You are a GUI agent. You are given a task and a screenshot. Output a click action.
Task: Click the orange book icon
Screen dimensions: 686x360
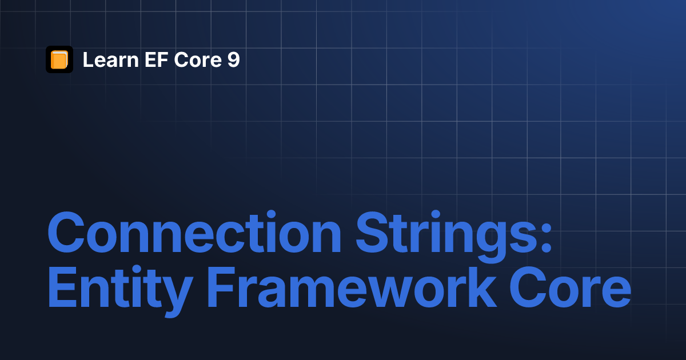pyautogui.click(x=59, y=59)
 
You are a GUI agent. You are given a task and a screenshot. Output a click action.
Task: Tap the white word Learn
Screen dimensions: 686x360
pyautogui.click(x=111, y=59)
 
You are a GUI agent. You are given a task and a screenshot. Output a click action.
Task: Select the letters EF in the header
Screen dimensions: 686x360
pyautogui.click(x=157, y=59)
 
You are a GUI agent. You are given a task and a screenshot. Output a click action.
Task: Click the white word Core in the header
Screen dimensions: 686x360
pyautogui.click(x=198, y=59)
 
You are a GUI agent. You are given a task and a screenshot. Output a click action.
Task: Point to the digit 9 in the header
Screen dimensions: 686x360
pyautogui.click(x=233, y=59)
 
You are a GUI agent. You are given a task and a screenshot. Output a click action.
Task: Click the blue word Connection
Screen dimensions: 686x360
pyautogui.click(x=194, y=232)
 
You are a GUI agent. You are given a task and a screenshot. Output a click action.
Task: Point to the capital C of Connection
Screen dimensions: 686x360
pyautogui.click(x=66, y=232)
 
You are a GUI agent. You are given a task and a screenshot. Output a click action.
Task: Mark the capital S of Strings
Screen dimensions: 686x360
pyautogui.click(x=374, y=232)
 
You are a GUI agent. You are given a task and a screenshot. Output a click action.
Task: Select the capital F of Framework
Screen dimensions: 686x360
pyautogui.click(x=221, y=287)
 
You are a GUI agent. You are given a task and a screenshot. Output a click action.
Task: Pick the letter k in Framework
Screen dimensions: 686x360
pyautogui.click(x=480, y=287)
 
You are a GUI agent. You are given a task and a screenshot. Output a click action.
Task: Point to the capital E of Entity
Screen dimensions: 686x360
pyautogui.click(x=62, y=287)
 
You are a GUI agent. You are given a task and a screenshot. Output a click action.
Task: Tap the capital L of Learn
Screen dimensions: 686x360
pyautogui.click(x=88, y=59)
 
